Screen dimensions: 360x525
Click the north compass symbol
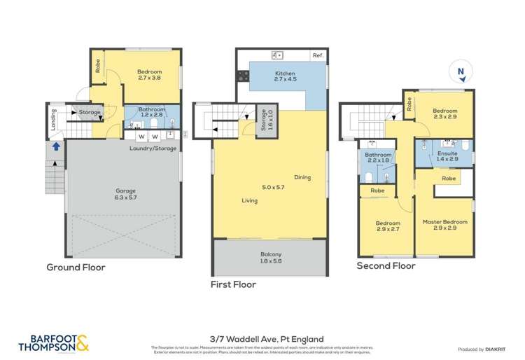pos(461,72)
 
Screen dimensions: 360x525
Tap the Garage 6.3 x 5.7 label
pos(126,193)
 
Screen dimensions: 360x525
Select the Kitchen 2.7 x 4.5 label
pos(285,76)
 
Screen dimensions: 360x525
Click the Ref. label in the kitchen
pos(318,55)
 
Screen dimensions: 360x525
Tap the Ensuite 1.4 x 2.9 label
pos(447,156)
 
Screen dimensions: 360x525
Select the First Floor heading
pos(233,284)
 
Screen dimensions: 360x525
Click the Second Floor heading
pos(386,266)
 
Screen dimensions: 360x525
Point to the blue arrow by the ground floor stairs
pos(55,147)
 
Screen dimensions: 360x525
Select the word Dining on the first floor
pos(302,177)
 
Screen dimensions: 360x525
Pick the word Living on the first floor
pos(249,201)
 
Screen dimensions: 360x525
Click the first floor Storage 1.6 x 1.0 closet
pos(263,120)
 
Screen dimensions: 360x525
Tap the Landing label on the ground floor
pos(53,119)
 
